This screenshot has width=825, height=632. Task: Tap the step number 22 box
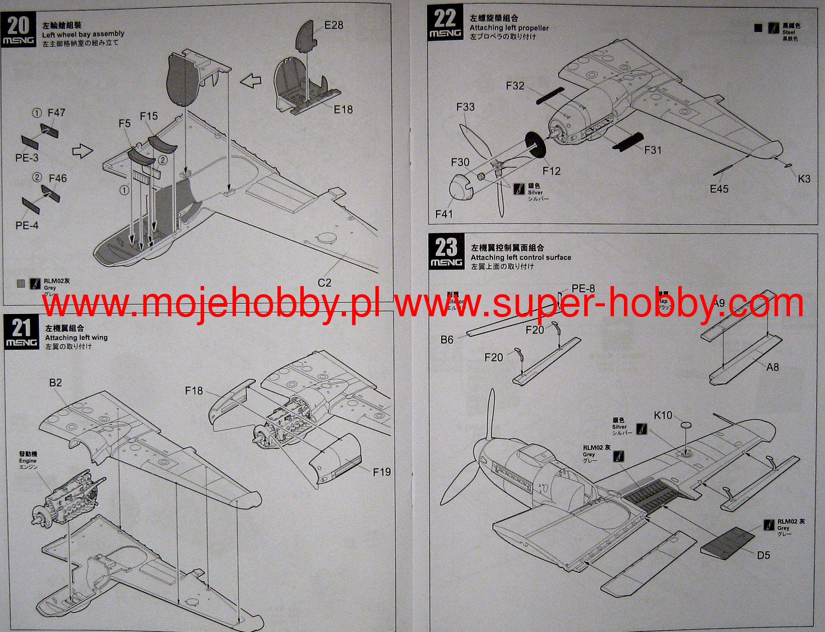click(x=445, y=22)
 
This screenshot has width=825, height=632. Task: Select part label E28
click(x=334, y=25)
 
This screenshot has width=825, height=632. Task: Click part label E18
click(x=343, y=110)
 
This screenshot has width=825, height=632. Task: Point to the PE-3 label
click(x=27, y=158)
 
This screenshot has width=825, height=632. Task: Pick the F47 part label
click(x=56, y=113)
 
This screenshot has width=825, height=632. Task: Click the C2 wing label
click(x=324, y=283)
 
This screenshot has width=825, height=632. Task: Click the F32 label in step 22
click(x=515, y=86)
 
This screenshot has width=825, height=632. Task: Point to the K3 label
click(x=804, y=179)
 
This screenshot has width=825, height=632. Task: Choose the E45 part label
click(x=719, y=189)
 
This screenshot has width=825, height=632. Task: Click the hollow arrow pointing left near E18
click(x=251, y=81)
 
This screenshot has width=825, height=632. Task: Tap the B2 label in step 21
click(x=55, y=383)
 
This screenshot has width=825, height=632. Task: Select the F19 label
click(x=381, y=472)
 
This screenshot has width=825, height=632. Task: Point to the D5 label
click(x=763, y=555)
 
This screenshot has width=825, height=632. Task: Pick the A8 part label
click(x=772, y=367)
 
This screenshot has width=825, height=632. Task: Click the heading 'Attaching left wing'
click(x=76, y=337)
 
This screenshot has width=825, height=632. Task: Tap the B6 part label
click(x=447, y=340)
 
